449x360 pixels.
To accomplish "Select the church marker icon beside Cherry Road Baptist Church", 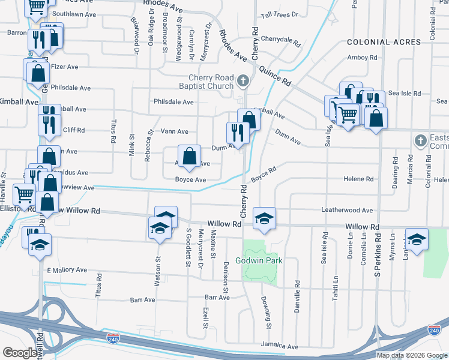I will tap(243, 80).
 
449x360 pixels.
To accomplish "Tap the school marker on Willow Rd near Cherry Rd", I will tap(264, 218).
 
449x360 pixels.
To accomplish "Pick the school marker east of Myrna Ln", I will tap(417, 239).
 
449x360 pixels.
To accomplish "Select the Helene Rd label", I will tap(358, 179).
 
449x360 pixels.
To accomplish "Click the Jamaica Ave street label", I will tap(279, 347).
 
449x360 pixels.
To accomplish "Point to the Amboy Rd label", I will tap(362, 58).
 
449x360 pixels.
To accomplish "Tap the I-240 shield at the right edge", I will tap(435, 330).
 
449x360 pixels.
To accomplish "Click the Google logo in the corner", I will tap(20, 353).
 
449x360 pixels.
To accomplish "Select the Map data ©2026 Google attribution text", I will tap(411, 355).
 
